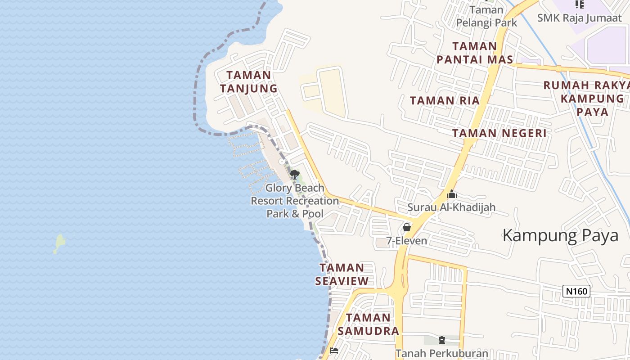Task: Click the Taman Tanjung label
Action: [248, 82]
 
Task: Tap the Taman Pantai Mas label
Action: [475, 53]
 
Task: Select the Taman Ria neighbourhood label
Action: [445, 101]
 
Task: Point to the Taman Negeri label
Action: [499, 133]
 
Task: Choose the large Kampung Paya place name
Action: [560, 236]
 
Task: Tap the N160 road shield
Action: [576, 291]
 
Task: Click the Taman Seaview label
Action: [342, 274]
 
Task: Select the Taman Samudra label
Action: [369, 324]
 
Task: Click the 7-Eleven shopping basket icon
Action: [407, 227]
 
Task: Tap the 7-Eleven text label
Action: [407, 241]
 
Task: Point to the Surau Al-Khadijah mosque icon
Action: [452, 194]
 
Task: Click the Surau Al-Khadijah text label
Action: [451, 207]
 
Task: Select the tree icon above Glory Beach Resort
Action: [295, 174]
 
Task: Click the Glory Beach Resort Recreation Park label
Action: [295, 201]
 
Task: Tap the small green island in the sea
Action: [59, 243]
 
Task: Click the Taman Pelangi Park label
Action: [486, 16]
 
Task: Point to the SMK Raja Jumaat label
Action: [579, 18]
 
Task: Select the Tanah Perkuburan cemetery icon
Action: [441, 340]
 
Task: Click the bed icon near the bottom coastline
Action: [334, 351]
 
